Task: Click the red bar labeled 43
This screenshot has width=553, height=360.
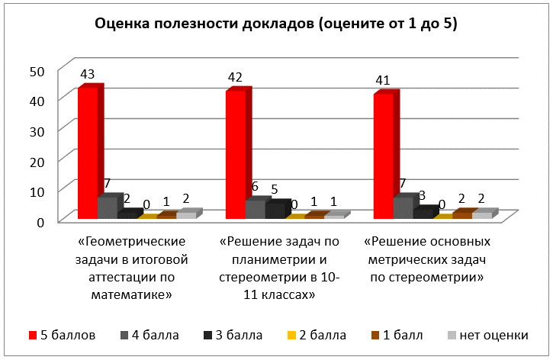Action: [x=88, y=153]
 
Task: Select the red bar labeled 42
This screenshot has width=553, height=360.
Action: [x=235, y=155]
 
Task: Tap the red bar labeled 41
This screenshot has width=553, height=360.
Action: [x=383, y=156]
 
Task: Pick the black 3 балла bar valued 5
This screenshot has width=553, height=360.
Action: [x=275, y=211]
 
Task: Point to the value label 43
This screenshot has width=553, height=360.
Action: [x=88, y=74]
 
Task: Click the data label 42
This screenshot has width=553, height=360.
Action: [x=236, y=77]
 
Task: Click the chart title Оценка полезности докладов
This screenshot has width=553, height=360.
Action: [x=275, y=24]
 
